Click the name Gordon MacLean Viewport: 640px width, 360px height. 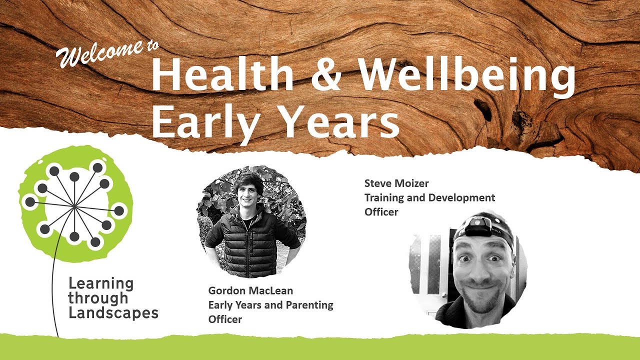(x=250, y=290)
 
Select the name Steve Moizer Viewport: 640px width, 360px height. (x=396, y=183)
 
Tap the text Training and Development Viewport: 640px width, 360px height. (x=429, y=197)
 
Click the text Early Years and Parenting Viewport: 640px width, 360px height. (x=270, y=304)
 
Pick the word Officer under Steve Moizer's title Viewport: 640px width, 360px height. (x=381, y=212)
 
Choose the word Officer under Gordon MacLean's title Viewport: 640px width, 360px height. (x=225, y=319)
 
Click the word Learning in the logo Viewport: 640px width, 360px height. (x=101, y=283)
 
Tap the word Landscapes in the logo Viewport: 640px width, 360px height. (x=113, y=313)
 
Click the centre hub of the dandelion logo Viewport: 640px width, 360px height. (x=74, y=205)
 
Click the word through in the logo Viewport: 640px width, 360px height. (x=98, y=298)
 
